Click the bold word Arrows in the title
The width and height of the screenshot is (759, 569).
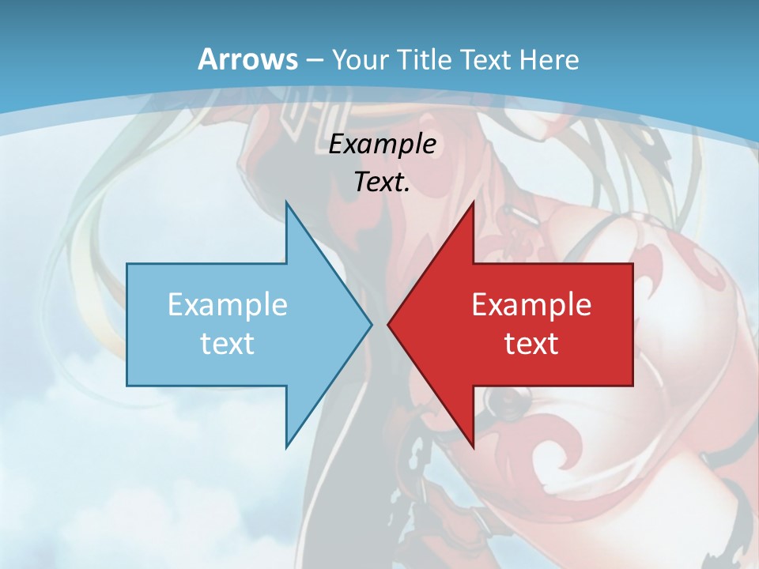pos(247,59)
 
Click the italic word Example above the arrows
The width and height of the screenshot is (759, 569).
pos(382,145)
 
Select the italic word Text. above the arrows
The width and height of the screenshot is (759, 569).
pos(382,183)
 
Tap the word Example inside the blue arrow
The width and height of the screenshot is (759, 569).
pos(228,304)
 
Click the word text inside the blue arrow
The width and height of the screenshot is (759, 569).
pos(228,343)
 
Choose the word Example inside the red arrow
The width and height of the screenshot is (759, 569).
pos(531,304)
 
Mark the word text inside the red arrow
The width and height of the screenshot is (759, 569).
pos(531,343)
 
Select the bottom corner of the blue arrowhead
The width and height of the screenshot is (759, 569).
pos(286,446)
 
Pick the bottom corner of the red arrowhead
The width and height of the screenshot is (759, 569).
pos(473,446)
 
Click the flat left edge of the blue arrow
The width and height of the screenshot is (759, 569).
pos(128,324)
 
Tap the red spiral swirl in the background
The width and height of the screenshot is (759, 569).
pos(553,458)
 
